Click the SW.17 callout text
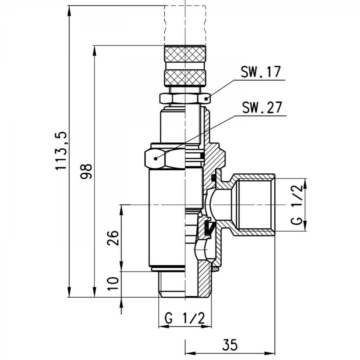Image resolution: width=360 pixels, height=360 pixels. pos(260,72)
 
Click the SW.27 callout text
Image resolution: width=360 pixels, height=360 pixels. pos(262,107)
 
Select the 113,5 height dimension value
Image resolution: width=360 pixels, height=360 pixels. pos(61,151)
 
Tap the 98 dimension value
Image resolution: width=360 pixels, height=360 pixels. pos(86,171)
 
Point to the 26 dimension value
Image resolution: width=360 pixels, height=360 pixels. pos(113,238)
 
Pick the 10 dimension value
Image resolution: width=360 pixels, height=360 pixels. pos(113,284)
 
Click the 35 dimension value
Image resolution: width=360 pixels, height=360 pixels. pos(230,345)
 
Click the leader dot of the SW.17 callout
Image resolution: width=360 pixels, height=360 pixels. pos(206,99)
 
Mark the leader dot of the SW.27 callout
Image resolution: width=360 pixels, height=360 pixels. pos(156,158)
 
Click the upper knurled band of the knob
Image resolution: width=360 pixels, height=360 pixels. pos(185,54)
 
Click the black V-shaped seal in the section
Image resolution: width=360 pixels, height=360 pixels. pos(209,228)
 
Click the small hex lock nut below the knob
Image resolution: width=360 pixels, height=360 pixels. pos(185,98)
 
